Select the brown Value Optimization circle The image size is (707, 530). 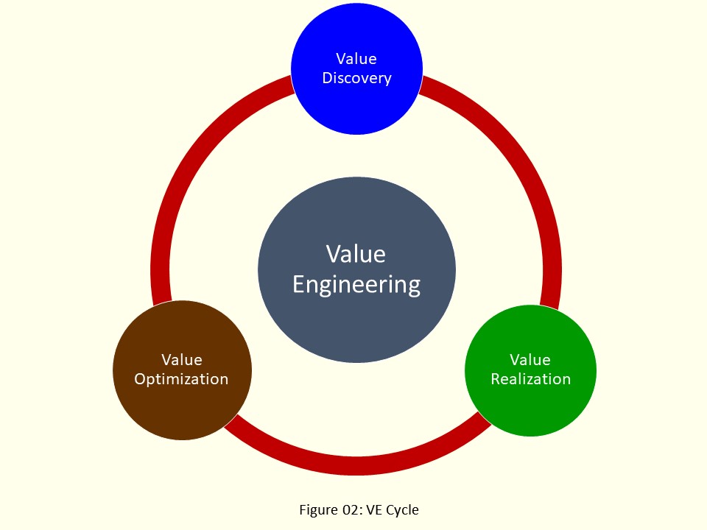[182, 401]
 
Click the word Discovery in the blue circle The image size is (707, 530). [356, 78]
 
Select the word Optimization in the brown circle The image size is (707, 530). [182, 379]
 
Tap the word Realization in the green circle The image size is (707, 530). [530, 379]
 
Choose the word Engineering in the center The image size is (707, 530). [356, 283]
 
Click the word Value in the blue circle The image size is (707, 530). [356, 59]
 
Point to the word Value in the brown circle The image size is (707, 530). [182, 360]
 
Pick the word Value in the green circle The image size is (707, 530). [530, 360]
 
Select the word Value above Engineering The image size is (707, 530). [356, 254]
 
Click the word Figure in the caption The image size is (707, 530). [316, 509]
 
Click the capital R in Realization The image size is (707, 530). [496, 379]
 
